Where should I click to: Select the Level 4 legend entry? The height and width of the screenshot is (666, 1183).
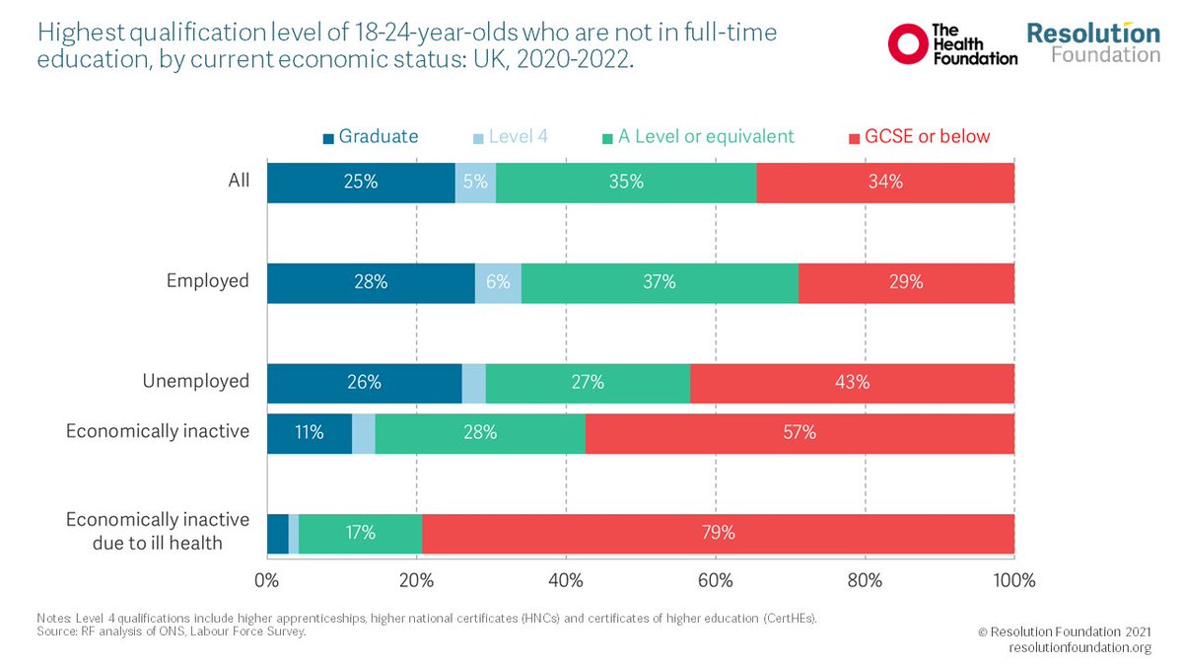point(512,136)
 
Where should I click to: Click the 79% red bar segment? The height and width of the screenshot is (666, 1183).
point(718,533)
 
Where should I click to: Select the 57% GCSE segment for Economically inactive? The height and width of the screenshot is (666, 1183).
point(800,432)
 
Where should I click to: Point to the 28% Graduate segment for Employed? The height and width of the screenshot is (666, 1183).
point(371,282)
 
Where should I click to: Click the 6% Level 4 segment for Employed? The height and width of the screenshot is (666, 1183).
point(498,282)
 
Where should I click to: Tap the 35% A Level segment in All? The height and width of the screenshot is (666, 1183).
point(626,182)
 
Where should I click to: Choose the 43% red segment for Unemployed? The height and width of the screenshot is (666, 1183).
point(852,382)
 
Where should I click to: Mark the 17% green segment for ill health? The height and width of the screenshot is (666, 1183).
point(360,533)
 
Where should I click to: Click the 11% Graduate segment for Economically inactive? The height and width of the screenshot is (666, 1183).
point(309,432)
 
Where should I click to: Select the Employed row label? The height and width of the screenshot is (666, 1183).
point(207,281)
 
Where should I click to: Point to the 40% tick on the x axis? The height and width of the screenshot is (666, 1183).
point(566,580)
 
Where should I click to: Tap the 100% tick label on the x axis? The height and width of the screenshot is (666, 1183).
point(1012,580)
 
